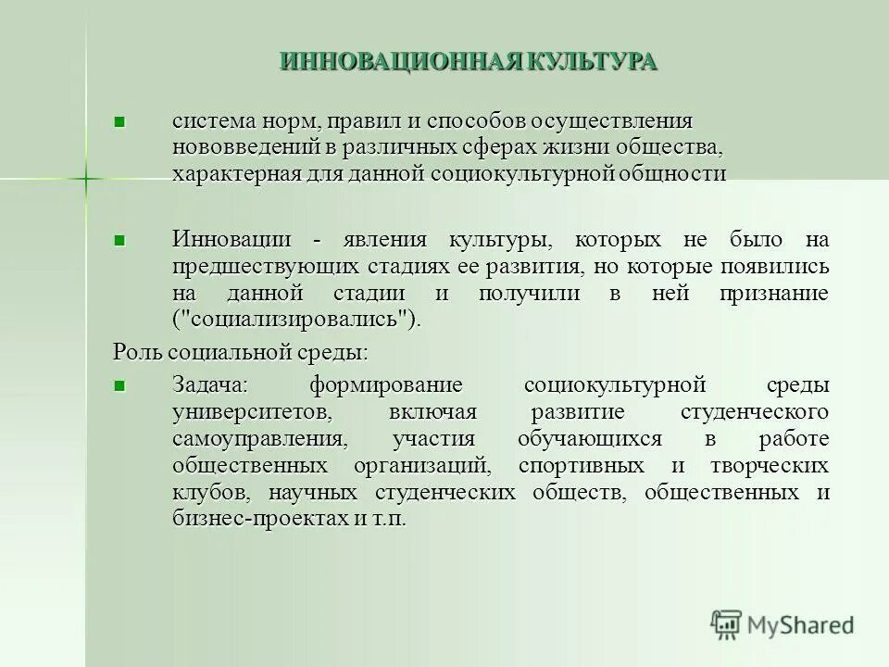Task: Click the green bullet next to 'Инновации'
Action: pyautogui.click(x=119, y=240)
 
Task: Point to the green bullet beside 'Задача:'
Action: pyautogui.click(x=119, y=384)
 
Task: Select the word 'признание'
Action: pyautogui.click(x=772, y=293)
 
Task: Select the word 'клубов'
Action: pyautogui.click(x=202, y=492)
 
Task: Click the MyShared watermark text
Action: pyautogui.click(x=801, y=625)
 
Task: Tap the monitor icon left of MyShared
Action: pyautogui.click(x=727, y=625)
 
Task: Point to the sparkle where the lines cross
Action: pyautogui.click(x=84, y=176)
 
